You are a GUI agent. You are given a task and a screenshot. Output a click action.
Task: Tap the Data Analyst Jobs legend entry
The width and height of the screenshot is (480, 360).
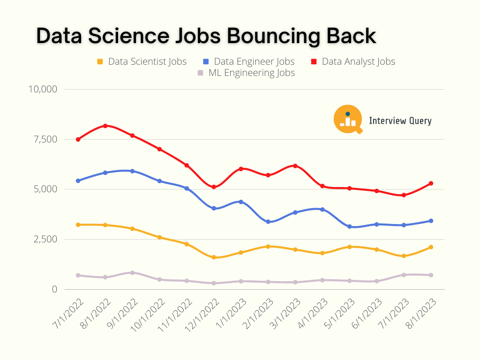(x=353, y=61)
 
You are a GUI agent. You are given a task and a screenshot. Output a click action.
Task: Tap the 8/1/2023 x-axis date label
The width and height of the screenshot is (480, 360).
(x=420, y=312)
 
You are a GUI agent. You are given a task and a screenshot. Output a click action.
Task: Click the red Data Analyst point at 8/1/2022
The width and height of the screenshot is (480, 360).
(x=105, y=126)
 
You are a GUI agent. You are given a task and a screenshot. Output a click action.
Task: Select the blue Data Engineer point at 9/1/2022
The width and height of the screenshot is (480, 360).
(x=133, y=171)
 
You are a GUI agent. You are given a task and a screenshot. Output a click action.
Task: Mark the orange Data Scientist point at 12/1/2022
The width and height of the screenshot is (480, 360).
(x=214, y=257)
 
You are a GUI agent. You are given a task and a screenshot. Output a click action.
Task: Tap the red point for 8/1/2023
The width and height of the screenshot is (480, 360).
(x=431, y=183)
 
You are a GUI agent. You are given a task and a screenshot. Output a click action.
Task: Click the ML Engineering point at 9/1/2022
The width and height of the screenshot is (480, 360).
(x=133, y=273)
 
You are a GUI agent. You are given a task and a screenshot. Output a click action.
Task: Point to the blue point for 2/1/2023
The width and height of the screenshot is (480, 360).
(x=268, y=222)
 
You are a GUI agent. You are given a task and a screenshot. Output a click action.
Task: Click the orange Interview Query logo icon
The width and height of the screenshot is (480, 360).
(x=348, y=119)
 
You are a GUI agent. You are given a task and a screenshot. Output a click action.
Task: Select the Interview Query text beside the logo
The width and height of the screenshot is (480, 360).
(x=400, y=121)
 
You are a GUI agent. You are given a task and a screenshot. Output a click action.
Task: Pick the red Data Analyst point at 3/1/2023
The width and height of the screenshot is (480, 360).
(x=295, y=166)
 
